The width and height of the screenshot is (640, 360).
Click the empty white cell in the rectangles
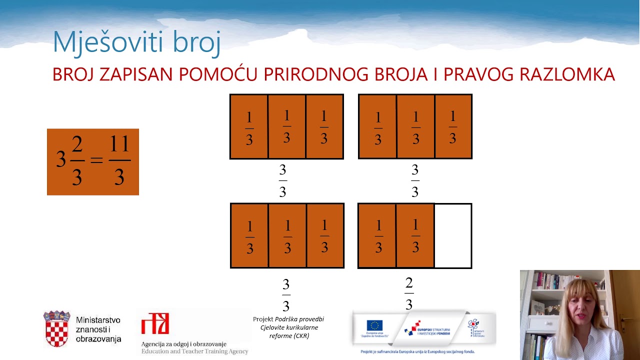(453, 235)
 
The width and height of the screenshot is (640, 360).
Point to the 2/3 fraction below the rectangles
(409, 293)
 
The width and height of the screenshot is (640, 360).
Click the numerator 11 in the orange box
(119, 145)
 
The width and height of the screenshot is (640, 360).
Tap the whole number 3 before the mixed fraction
(61, 160)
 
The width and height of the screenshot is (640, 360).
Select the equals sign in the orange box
(96, 160)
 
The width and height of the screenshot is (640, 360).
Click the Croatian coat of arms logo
(56, 328)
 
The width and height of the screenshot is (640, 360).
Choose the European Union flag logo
(374, 325)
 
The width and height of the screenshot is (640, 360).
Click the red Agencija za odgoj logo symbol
(155, 323)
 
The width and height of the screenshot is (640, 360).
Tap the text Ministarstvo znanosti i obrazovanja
(98, 329)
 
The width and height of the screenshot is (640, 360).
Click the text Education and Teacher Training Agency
(194, 351)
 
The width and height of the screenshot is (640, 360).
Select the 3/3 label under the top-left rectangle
(282, 180)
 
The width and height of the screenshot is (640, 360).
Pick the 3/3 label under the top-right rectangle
(414, 180)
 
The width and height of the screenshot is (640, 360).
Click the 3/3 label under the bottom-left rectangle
(286, 295)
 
